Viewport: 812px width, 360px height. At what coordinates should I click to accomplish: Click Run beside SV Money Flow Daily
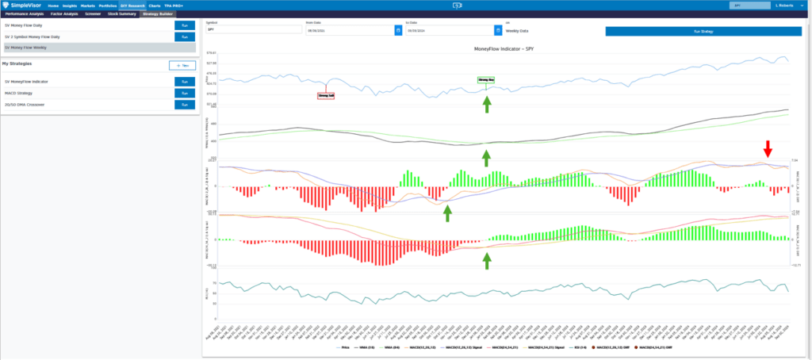(184, 25)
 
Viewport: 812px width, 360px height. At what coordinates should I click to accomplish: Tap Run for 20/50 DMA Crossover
(184, 104)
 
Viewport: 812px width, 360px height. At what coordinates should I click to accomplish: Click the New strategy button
(182, 65)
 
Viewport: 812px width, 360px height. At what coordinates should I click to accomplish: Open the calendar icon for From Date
(397, 30)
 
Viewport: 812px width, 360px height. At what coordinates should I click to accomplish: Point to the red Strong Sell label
(326, 95)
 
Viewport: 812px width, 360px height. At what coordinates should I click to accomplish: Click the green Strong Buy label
(485, 80)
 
